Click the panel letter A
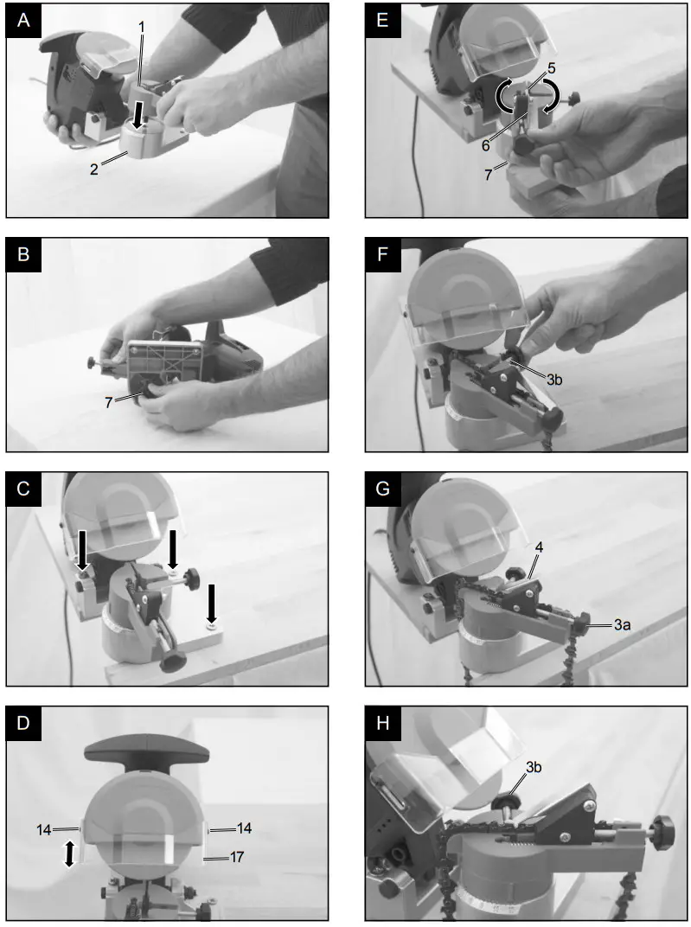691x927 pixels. tap(23, 22)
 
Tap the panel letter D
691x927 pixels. tap(23, 724)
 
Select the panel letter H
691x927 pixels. tap(382, 724)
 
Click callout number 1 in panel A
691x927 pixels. tap(142, 27)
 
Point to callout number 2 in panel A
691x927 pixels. tap(94, 169)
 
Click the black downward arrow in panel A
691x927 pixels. tap(138, 115)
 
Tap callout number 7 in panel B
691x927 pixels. tap(109, 403)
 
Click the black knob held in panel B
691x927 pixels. tap(155, 392)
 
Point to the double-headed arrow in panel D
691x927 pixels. tap(69, 853)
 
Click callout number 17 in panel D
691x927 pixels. tap(236, 857)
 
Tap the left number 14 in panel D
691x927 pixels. tap(44, 830)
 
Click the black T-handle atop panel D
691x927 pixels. tap(147, 751)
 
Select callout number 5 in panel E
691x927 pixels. tap(552, 69)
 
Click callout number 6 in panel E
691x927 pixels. tap(486, 145)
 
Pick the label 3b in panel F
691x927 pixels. tap(553, 380)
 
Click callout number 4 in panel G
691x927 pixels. tap(539, 547)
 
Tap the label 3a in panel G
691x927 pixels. tap(622, 624)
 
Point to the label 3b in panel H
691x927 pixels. tap(534, 767)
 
